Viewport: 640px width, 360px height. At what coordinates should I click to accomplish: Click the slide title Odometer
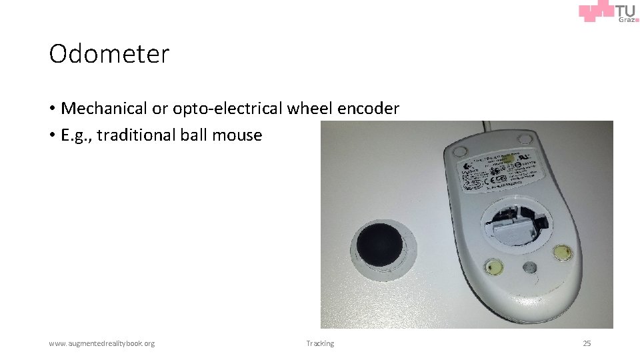tap(109, 54)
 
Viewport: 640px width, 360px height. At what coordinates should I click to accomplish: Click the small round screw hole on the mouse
tap(529, 269)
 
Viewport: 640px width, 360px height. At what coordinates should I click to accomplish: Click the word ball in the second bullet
tap(194, 135)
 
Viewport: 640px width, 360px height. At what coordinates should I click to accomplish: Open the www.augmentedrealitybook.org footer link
tap(101, 343)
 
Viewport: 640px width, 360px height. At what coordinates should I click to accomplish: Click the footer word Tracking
tap(320, 343)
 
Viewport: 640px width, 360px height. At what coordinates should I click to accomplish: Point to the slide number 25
tap(587, 343)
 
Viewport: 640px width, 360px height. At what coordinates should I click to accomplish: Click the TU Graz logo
tap(608, 13)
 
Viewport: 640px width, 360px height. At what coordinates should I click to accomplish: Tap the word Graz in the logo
tap(626, 20)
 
